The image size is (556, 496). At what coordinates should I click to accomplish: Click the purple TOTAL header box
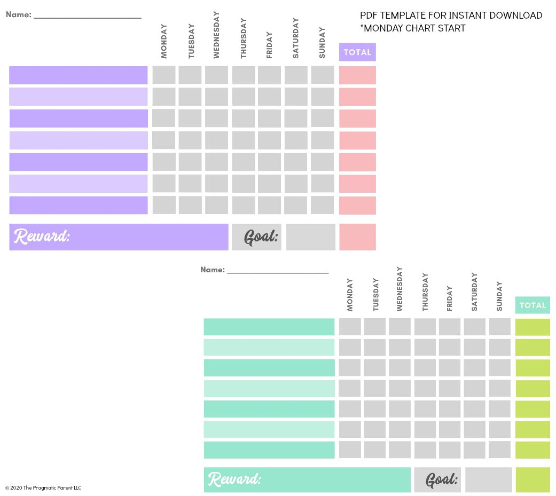(x=357, y=52)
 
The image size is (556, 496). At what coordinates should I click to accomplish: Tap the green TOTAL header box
(x=532, y=305)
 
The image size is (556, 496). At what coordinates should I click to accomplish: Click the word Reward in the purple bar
(x=42, y=237)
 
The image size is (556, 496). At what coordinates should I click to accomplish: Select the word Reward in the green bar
(x=234, y=479)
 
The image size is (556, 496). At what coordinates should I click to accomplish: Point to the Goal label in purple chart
(x=261, y=237)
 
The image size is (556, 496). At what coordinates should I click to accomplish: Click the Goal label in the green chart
(x=441, y=479)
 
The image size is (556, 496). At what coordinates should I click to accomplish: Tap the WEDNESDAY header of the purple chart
(x=216, y=35)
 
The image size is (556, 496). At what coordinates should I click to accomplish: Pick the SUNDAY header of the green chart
(x=499, y=296)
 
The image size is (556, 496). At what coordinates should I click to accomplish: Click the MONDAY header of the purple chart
(x=164, y=41)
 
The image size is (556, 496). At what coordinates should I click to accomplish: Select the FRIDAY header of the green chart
(x=449, y=298)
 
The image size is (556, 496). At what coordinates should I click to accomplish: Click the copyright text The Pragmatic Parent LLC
(x=43, y=487)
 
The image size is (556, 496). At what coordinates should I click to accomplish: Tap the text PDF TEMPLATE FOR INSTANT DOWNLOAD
(x=451, y=15)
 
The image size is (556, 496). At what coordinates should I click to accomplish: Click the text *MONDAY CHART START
(x=412, y=28)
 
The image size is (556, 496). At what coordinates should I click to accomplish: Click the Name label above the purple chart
(x=18, y=14)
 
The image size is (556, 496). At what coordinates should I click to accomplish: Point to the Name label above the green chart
(x=212, y=270)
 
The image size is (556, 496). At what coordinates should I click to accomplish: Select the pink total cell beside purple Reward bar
(x=357, y=237)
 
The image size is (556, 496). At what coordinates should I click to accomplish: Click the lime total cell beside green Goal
(x=532, y=479)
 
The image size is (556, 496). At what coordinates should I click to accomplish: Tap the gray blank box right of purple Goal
(x=310, y=237)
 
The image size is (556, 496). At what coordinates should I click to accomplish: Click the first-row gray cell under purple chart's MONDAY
(x=163, y=75)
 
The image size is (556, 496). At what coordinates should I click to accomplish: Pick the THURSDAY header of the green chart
(x=425, y=292)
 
